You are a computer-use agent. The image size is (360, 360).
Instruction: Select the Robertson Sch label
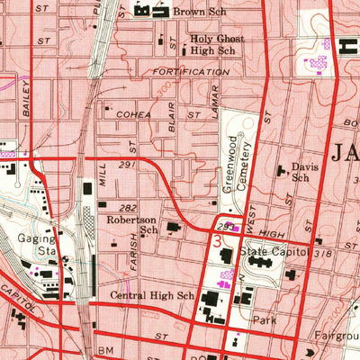click(131, 223)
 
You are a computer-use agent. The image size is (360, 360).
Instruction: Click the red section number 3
click(216, 241)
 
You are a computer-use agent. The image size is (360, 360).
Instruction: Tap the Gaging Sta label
click(36, 246)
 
